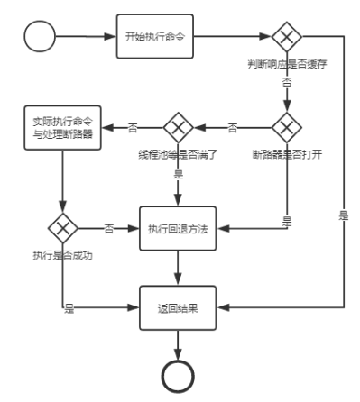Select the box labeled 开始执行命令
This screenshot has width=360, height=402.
[x=155, y=37]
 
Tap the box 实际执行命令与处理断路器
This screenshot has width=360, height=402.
[x=62, y=131]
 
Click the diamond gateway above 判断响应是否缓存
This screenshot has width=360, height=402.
[x=286, y=38]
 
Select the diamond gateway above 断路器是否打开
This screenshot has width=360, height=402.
[x=286, y=126]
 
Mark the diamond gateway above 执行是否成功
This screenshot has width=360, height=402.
[x=62, y=227]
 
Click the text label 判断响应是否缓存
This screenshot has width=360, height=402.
[x=286, y=65]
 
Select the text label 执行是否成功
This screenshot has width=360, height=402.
[x=62, y=255]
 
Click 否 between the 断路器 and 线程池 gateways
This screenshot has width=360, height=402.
[x=232, y=126]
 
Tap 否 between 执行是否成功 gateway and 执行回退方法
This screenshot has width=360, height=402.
[x=108, y=227]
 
